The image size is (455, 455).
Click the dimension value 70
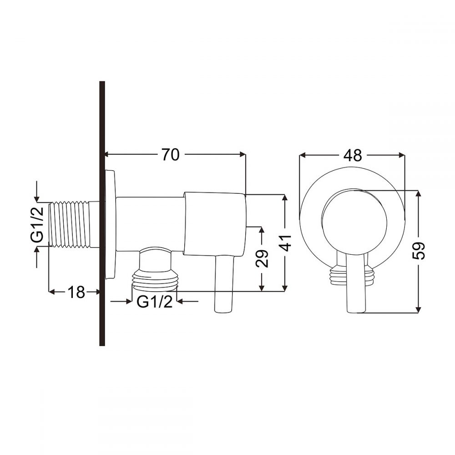[x=170, y=155]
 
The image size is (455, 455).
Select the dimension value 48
[x=353, y=155]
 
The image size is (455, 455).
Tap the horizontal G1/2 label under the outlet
[x=155, y=302]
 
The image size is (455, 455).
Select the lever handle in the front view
[x=355, y=282]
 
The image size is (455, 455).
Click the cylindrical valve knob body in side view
[x=215, y=223]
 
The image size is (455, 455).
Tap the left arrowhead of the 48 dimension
[x=302, y=155]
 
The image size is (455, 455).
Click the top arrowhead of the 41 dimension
[x=285, y=197]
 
